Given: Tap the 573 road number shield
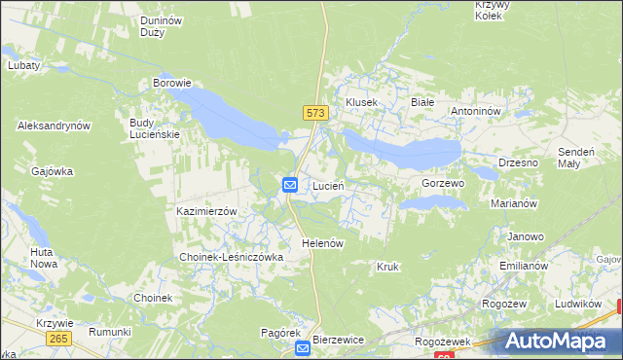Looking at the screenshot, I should point(313,114).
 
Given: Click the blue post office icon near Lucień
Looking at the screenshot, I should point(290,184).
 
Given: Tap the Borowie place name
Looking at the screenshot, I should point(171,84).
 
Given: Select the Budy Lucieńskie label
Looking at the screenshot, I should point(154,128).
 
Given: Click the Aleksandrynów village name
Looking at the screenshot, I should point(54,126).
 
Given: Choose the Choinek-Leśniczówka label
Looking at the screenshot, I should point(231,257).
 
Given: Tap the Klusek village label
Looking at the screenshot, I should point(361,102).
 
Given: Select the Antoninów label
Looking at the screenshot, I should point(475,111).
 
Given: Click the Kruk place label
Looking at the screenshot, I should point(387,266).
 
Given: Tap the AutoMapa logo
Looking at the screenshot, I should point(561,342).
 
